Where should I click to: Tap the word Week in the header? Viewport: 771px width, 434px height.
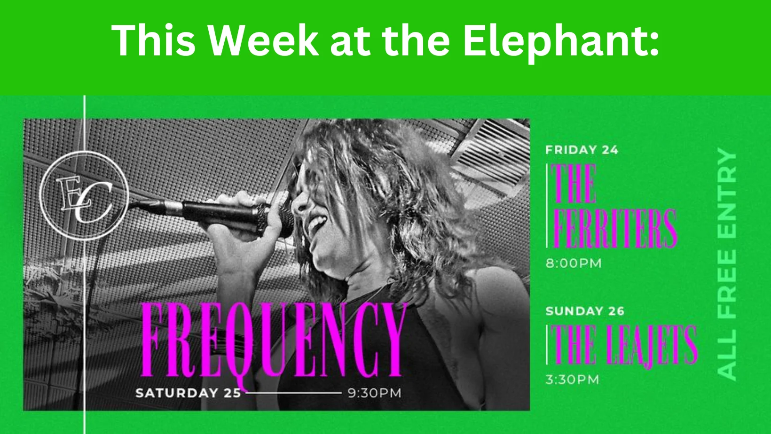click(263, 40)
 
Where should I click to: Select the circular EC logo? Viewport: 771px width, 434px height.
click(84, 196)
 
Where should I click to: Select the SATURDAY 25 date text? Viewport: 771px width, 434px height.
click(188, 393)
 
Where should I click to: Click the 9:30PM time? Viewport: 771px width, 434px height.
click(375, 393)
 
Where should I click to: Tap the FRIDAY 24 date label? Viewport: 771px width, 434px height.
click(582, 150)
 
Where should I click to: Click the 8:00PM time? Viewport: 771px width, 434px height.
click(574, 263)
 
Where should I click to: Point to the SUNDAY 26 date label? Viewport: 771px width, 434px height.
click(585, 311)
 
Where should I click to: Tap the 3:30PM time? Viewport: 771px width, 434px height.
click(573, 380)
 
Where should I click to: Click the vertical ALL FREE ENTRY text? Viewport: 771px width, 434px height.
click(727, 264)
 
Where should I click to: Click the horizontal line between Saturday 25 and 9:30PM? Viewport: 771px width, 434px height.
click(294, 393)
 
